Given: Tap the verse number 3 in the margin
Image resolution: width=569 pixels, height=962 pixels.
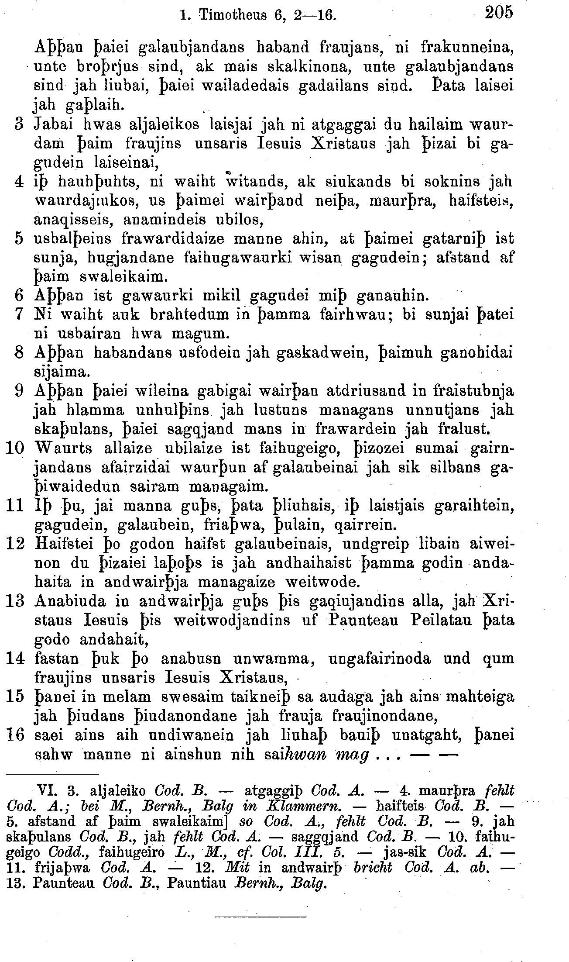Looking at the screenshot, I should [18, 124].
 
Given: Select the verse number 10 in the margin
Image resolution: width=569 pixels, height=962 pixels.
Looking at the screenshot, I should [15, 448].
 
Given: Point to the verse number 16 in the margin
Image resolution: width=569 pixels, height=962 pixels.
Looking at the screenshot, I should [15, 735].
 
